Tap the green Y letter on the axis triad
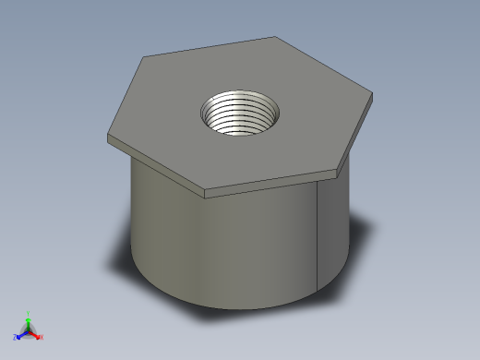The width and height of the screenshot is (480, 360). tap(29, 312)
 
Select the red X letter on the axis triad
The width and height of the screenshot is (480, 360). tap(42, 337)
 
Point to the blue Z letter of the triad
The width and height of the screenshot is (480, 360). tap(16, 338)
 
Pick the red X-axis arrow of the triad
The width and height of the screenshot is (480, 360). tap(36, 333)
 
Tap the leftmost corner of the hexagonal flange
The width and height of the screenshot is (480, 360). tap(109, 136)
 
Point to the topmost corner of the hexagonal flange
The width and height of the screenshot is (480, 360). tap(276, 37)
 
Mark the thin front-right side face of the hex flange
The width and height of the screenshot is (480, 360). tap(277, 183)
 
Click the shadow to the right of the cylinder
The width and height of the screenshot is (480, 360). tap(364, 240)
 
